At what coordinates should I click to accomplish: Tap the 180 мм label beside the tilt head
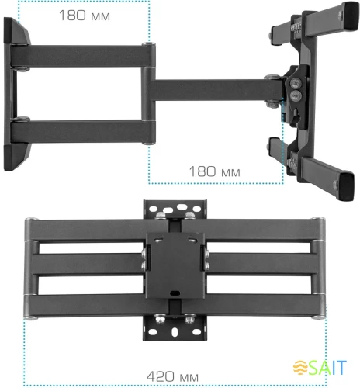(213, 171)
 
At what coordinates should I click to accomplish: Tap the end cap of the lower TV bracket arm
(342, 185)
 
